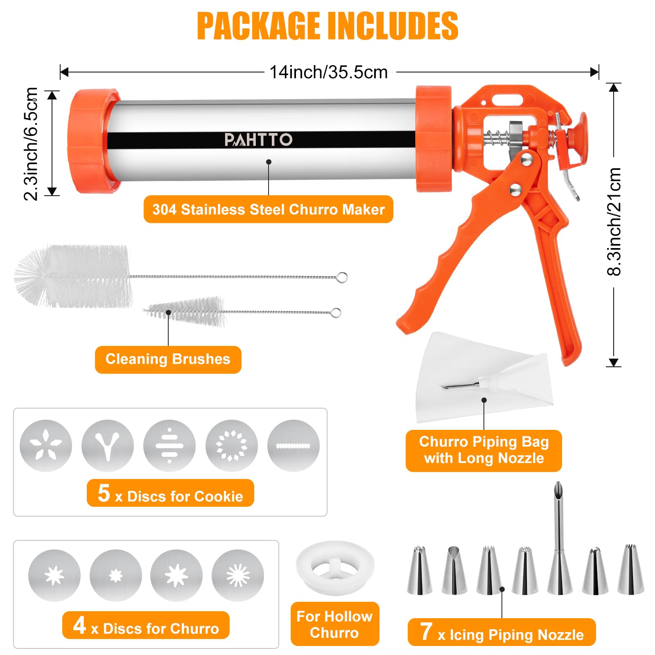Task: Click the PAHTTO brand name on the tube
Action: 258,140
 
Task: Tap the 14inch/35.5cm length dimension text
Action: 328,72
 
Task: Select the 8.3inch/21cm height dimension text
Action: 614,222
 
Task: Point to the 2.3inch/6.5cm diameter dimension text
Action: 31,144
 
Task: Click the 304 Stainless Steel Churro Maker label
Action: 269,210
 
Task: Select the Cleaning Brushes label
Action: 168,359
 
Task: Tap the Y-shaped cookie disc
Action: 108,446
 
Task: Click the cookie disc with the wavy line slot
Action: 293,446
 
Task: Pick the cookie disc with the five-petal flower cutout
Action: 46,446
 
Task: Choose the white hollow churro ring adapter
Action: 335,567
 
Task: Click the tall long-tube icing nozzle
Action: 559,538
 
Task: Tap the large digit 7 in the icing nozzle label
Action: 426,631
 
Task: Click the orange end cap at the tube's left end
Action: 94,141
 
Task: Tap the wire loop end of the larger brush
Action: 342,278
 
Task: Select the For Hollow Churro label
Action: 335,624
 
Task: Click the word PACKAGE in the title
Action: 258,26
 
